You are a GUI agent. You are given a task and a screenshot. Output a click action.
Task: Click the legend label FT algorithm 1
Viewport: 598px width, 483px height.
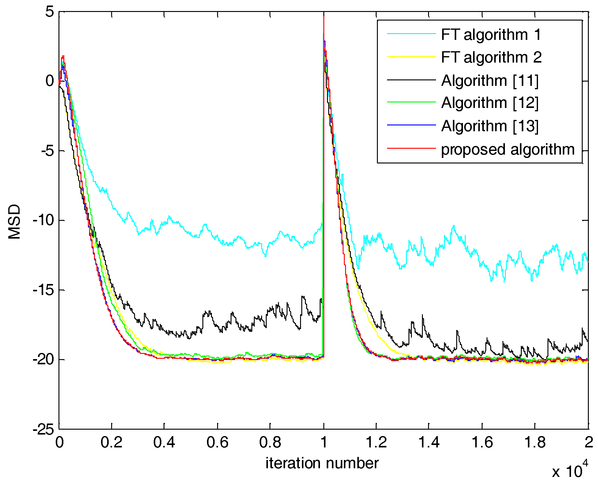[x=491, y=34]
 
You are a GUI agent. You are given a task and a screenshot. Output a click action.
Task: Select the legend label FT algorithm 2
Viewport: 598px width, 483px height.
[x=491, y=57]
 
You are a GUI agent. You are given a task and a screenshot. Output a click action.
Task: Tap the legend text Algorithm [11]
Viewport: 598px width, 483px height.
[x=490, y=81]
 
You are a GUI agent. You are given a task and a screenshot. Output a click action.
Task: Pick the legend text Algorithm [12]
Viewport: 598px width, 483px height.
[x=490, y=103]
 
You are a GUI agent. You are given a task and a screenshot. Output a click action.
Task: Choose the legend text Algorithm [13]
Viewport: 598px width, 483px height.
[x=490, y=126]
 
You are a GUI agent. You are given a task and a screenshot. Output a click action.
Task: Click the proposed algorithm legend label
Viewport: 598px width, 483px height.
[x=508, y=149]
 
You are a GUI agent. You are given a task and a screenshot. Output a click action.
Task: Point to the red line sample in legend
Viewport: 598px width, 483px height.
[x=411, y=148]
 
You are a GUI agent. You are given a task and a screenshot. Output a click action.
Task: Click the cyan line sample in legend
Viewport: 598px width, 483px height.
[x=411, y=33]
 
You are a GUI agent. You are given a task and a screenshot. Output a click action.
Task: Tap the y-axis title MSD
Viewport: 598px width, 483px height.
[x=14, y=221]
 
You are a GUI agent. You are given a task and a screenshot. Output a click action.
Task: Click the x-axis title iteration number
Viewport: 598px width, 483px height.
[x=322, y=463]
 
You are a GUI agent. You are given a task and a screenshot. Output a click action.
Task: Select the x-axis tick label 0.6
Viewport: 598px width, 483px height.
[x=217, y=443]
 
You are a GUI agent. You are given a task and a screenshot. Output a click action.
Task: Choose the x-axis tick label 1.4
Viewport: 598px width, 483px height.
[x=429, y=443]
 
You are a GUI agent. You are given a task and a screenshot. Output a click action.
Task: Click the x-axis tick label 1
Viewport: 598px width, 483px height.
[x=324, y=443]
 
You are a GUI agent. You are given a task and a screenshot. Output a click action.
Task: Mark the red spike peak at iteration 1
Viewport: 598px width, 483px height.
[x=324, y=17]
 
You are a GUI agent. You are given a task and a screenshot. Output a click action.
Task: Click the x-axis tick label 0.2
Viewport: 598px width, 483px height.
[x=111, y=443]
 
